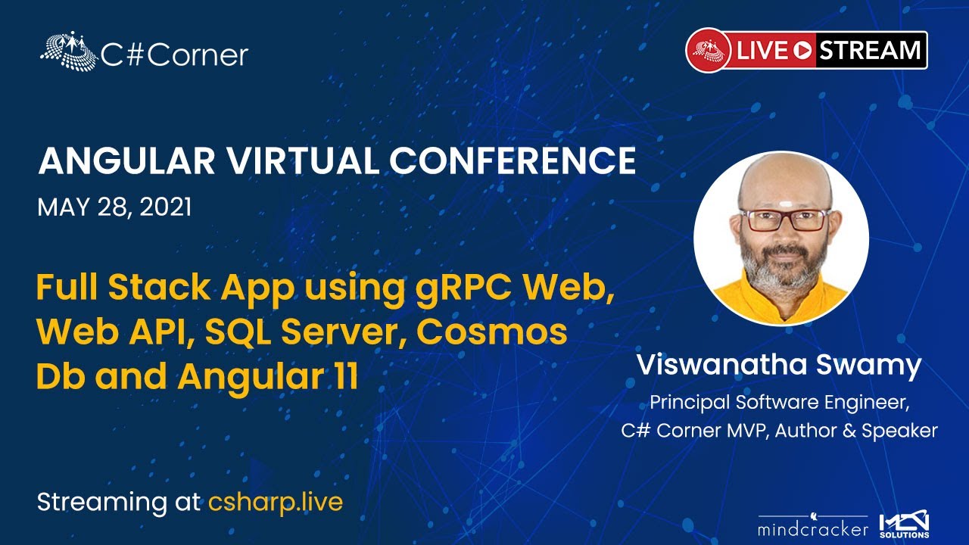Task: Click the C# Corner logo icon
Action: pyautogui.click(x=69, y=50)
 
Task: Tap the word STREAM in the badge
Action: pyautogui.click(x=870, y=50)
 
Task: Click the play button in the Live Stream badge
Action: pyautogui.click(x=802, y=51)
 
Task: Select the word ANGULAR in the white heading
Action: pyautogui.click(x=126, y=161)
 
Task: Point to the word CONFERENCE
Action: pyautogui.click(x=513, y=161)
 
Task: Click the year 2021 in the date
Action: pyautogui.click(x=166, y=207)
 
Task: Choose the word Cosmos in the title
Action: pyautogui.click(x=492, y=332)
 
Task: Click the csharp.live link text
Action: pyautogui.click(x=276, y=503)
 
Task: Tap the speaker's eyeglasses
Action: pyautogui.click(x=784, y=220)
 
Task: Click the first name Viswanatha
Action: pyautogui.click(x=721, y=365)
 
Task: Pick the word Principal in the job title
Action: pyautogui.click(x=690, y=403)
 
